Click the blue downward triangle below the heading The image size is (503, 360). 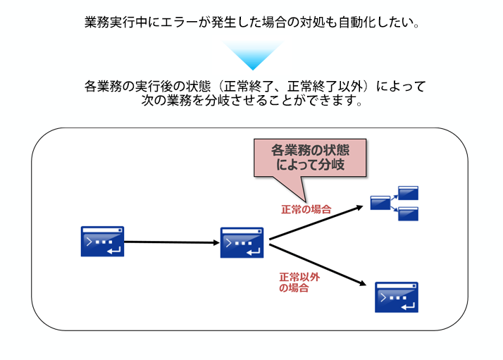coord(252,54)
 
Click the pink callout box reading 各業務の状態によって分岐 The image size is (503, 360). coord(310,157)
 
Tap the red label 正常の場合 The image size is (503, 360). coord(306,209)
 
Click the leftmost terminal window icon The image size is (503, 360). coord(103,242)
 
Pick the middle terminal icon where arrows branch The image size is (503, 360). coord(242,242)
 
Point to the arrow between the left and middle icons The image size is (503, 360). coord(172,242)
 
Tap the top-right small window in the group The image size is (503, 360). coord(408,192)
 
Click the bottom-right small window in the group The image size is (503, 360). coord(408,213)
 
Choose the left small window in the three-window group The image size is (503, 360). coord(380,204)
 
